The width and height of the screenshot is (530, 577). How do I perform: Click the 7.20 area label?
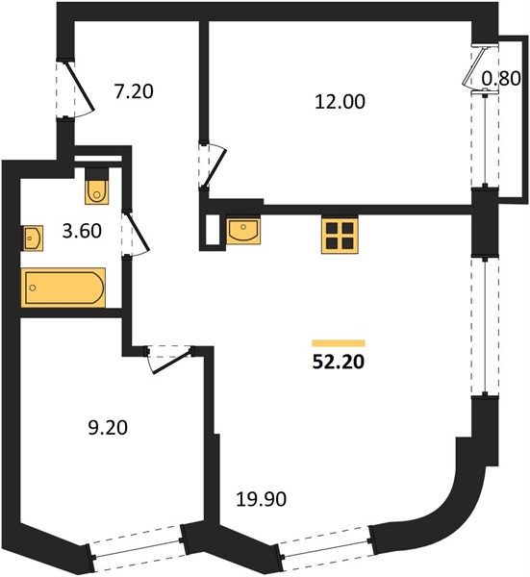pos(134,91)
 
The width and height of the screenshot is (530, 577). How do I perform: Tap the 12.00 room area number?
pos(341,102)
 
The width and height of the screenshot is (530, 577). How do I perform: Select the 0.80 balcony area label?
pos(501,79)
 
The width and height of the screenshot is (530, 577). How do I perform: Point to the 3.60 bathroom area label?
pos(82,231)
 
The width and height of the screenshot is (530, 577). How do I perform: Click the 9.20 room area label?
pos(108,428)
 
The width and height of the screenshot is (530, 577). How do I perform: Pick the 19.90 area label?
pos(261,499)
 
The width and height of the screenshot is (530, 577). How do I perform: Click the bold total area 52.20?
pos(339,363)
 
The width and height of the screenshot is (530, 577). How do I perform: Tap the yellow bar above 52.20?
pos(339,343)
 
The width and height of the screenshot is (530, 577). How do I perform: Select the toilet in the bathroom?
pos(97,187)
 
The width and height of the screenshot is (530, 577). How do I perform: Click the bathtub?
pos(63,288)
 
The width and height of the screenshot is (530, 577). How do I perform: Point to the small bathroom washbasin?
pos(33,238)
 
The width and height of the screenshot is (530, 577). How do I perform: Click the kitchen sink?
pos(243,231)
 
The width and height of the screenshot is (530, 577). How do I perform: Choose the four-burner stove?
pos(340,237)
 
